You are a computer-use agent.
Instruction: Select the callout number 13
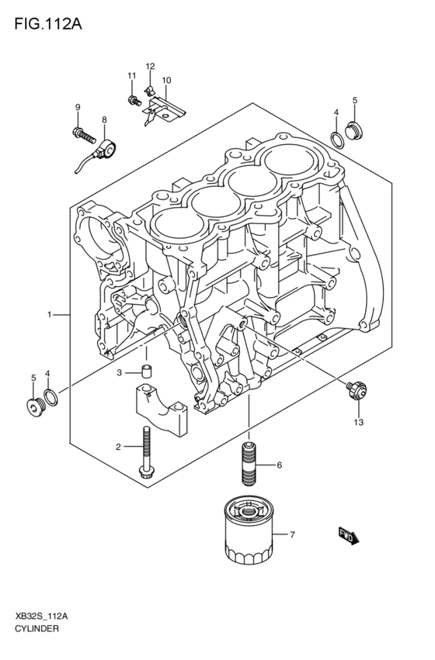point(357,423)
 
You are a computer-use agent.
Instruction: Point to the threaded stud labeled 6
point(249,464)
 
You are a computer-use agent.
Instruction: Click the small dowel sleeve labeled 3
point(146,370)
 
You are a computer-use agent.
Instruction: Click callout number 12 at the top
point(150,67)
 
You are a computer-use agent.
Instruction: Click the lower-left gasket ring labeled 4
point(50,399)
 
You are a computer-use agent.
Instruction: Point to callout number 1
point(49,315)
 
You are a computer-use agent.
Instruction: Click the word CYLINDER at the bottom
point(37,628)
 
